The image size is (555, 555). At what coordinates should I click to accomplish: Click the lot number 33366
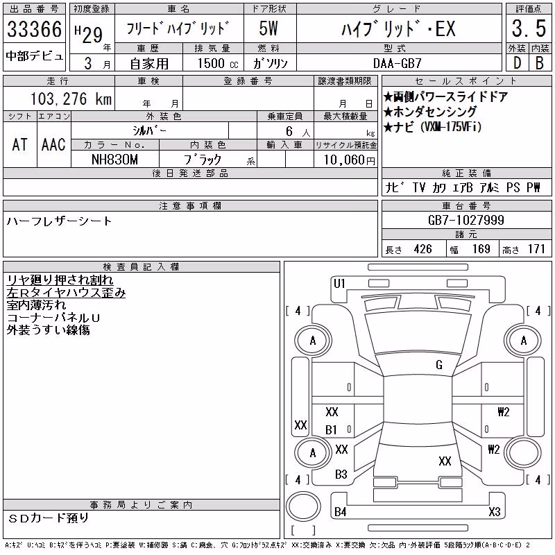(x=34, y=28)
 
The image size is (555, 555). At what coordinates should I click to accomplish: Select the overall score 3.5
(x=529, y=28)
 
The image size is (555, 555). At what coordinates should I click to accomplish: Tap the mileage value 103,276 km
(x=71, y=99)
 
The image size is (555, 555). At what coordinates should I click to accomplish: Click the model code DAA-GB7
(x=397, y=63)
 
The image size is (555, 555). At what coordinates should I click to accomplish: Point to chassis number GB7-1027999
(x=466, y=220)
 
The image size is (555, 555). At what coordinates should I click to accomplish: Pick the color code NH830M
(x=114, y=160)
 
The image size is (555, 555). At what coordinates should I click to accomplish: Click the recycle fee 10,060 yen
(x=349, y=160)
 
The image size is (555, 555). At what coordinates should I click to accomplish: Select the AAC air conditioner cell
(x=53, y=144)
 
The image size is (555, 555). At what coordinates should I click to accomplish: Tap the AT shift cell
(x=20, y=144)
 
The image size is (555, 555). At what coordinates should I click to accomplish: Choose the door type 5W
(x=268, y=28)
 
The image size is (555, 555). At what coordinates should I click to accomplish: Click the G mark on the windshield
(x=439, y=365)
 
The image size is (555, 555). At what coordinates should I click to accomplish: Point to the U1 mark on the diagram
(x=339, y=284)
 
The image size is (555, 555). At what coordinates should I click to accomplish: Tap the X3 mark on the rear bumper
(x=495, y=512)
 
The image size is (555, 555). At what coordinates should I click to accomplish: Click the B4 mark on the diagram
(x=340, y=512)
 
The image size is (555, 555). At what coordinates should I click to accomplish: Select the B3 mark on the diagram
(x=341, y=475)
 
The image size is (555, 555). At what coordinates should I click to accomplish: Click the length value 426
(x=422, y=249)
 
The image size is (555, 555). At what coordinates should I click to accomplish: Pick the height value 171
(x=536, y=249)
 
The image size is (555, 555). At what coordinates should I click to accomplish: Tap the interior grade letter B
(x=540, y=63)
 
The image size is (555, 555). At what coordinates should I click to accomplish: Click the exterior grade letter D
(x=517, y=63)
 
